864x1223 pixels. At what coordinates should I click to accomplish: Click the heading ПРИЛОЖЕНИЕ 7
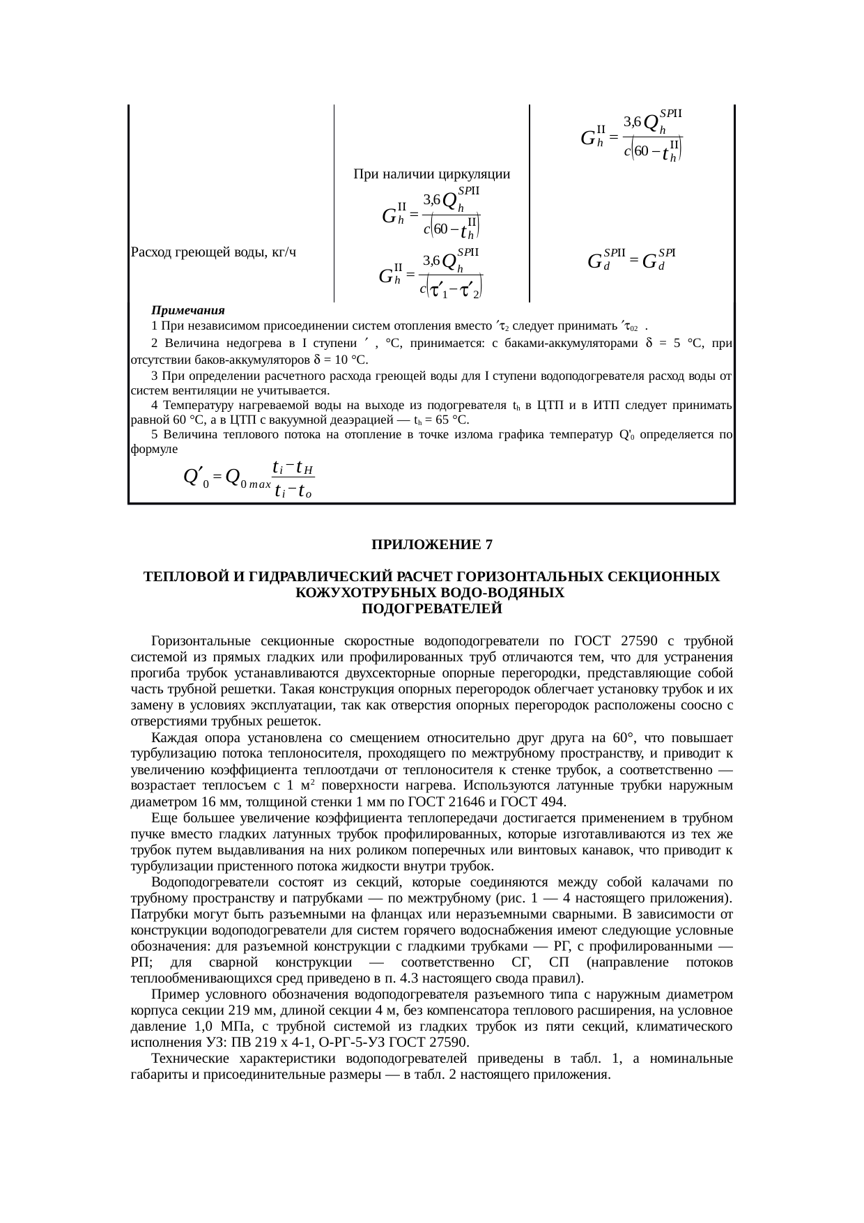click(x=431, y=544)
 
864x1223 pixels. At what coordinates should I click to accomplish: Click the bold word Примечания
click(x=187, y=310)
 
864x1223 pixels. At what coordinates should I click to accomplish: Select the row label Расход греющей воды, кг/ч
click(x=213, y=252)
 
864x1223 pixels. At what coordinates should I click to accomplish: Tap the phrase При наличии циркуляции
click(x=431, y=174)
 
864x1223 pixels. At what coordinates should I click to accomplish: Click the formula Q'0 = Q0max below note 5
click(x=248, y=478)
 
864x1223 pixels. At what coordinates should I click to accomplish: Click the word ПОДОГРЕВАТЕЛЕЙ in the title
click(x=431, y=608)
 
